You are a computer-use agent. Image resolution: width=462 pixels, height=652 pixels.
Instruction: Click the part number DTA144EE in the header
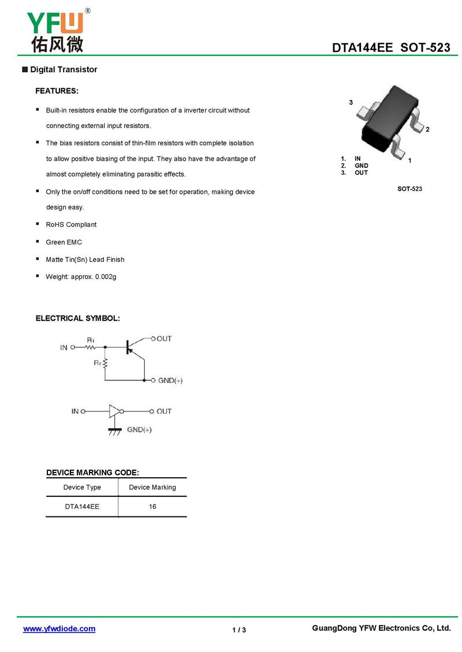coord(362,48)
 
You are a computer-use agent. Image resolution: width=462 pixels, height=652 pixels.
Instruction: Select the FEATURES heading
coord(57,91)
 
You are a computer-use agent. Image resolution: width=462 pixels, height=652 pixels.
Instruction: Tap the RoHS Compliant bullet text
coord(71,224)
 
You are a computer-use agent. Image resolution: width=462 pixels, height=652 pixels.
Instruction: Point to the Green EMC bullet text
coord(64,242)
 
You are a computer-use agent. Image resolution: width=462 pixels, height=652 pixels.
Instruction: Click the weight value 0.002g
coord(106,277)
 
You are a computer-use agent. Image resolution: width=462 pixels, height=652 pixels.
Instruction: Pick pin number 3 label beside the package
coord(351,102)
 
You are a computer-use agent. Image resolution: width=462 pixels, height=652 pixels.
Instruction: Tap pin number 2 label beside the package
coord(427,130)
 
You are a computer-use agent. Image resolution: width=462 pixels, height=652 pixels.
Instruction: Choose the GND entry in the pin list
coord(361,166)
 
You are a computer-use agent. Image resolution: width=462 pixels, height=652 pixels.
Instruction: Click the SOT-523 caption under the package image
coord(409,189)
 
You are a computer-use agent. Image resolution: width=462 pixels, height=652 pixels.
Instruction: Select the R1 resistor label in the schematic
coord(91,340)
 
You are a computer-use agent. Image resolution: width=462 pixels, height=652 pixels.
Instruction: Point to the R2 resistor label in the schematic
coord(97,363)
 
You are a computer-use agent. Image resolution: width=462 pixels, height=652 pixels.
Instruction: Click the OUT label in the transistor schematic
coord(164,339)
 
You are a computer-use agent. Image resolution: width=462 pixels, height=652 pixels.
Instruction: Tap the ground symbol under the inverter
coord(115,430)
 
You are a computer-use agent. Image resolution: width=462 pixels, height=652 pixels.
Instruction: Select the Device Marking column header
coord(152,488)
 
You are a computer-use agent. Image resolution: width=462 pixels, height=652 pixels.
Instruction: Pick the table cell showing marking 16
coord(152,507)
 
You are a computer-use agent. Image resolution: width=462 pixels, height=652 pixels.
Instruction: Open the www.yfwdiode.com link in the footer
coord(59,629)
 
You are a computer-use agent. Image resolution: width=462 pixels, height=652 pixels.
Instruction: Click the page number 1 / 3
coord(239,629)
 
